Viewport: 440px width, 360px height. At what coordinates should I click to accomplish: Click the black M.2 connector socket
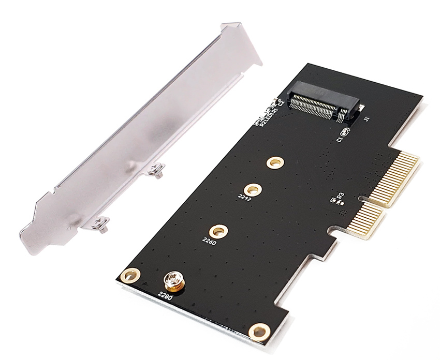pos(324,102)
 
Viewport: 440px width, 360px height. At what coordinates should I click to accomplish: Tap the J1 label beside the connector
pos(366,119)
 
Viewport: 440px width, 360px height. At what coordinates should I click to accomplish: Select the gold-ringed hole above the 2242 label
pos(253,189)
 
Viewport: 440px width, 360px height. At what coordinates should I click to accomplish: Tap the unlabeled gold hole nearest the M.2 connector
pos(275,162)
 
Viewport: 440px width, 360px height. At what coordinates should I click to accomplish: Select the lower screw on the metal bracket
pos(100,223)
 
